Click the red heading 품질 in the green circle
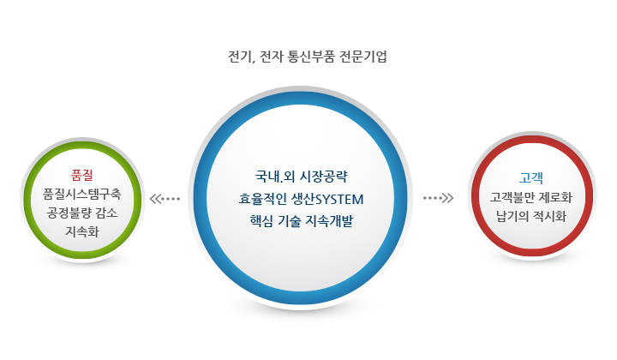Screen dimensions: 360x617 (x=82, y=176)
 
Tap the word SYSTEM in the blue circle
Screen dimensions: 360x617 (x=341, y=200)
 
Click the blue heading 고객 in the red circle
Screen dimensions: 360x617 (x=532, y=178)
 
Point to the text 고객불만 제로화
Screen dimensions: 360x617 (x=532, y=197)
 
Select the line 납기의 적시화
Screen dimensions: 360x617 (x=532, y=216)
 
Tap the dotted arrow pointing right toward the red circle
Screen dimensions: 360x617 (x=439, y=199)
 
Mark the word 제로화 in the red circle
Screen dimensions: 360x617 (x=554, y=197)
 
